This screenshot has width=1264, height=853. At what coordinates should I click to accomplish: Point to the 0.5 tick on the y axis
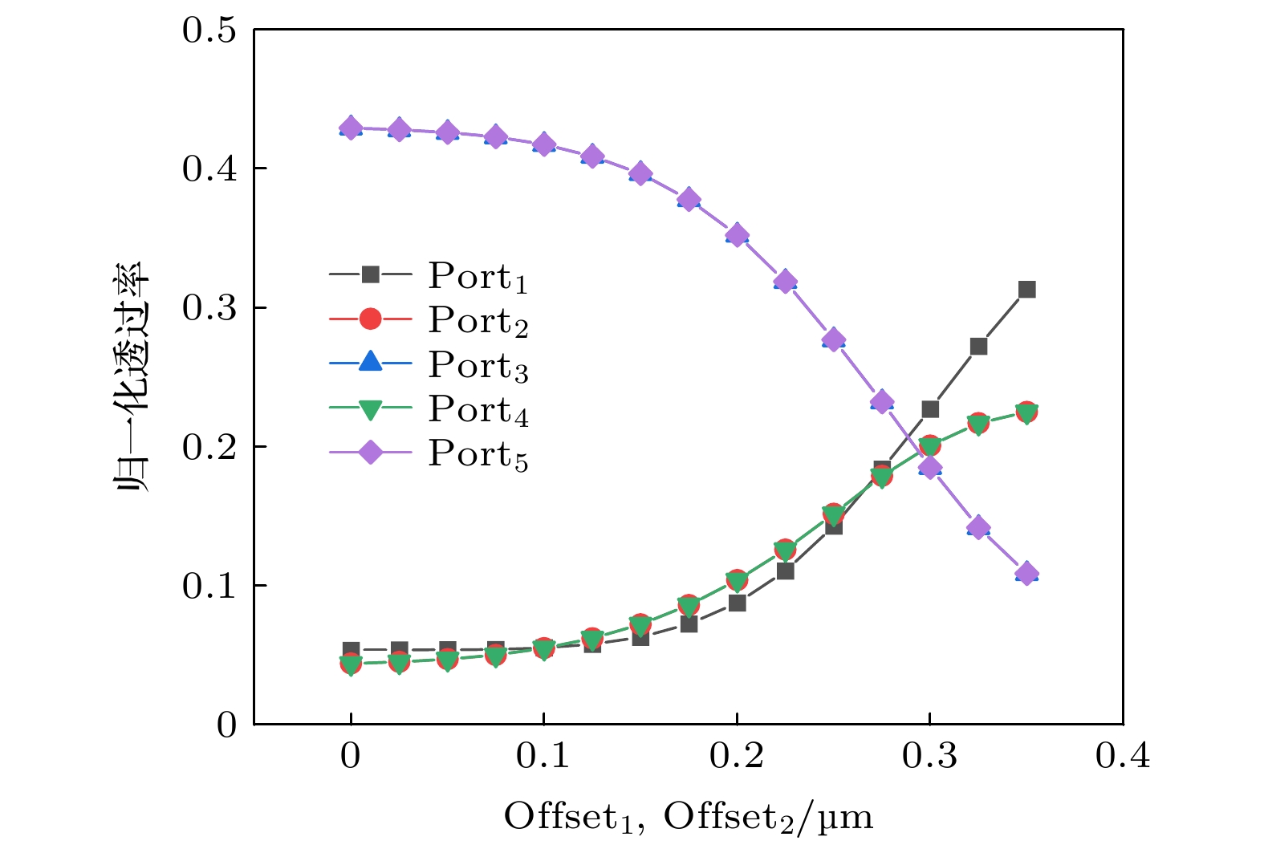(x=209, y=30)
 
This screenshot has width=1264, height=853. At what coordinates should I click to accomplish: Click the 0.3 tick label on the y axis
(x=209, y=308)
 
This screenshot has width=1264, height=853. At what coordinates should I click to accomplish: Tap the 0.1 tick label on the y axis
(x=209, y=586)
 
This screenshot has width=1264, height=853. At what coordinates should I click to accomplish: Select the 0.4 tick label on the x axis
(x=1122, y=756)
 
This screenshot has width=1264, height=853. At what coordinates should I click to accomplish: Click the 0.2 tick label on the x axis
(x=736, y=756)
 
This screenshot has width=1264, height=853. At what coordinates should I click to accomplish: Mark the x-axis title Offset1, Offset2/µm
(x=688, y=817)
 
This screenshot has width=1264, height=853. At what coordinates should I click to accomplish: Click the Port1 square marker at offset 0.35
(x=1026, y=290)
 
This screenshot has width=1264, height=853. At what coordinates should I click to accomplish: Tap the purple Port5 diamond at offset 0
(x=351, y=128)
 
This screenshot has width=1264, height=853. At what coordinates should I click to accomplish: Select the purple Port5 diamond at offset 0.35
(x=1026, y=575)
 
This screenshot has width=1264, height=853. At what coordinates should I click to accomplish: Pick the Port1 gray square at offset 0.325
(x=978, y=347)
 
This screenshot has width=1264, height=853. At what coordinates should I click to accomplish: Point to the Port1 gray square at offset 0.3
(x=930, y=409)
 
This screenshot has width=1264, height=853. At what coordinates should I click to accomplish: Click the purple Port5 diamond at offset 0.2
(x=737, y=236)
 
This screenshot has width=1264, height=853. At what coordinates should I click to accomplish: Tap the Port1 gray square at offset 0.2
(x=737, y=603)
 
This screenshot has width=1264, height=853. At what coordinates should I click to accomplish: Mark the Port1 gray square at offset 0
(x=351, y=649)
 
